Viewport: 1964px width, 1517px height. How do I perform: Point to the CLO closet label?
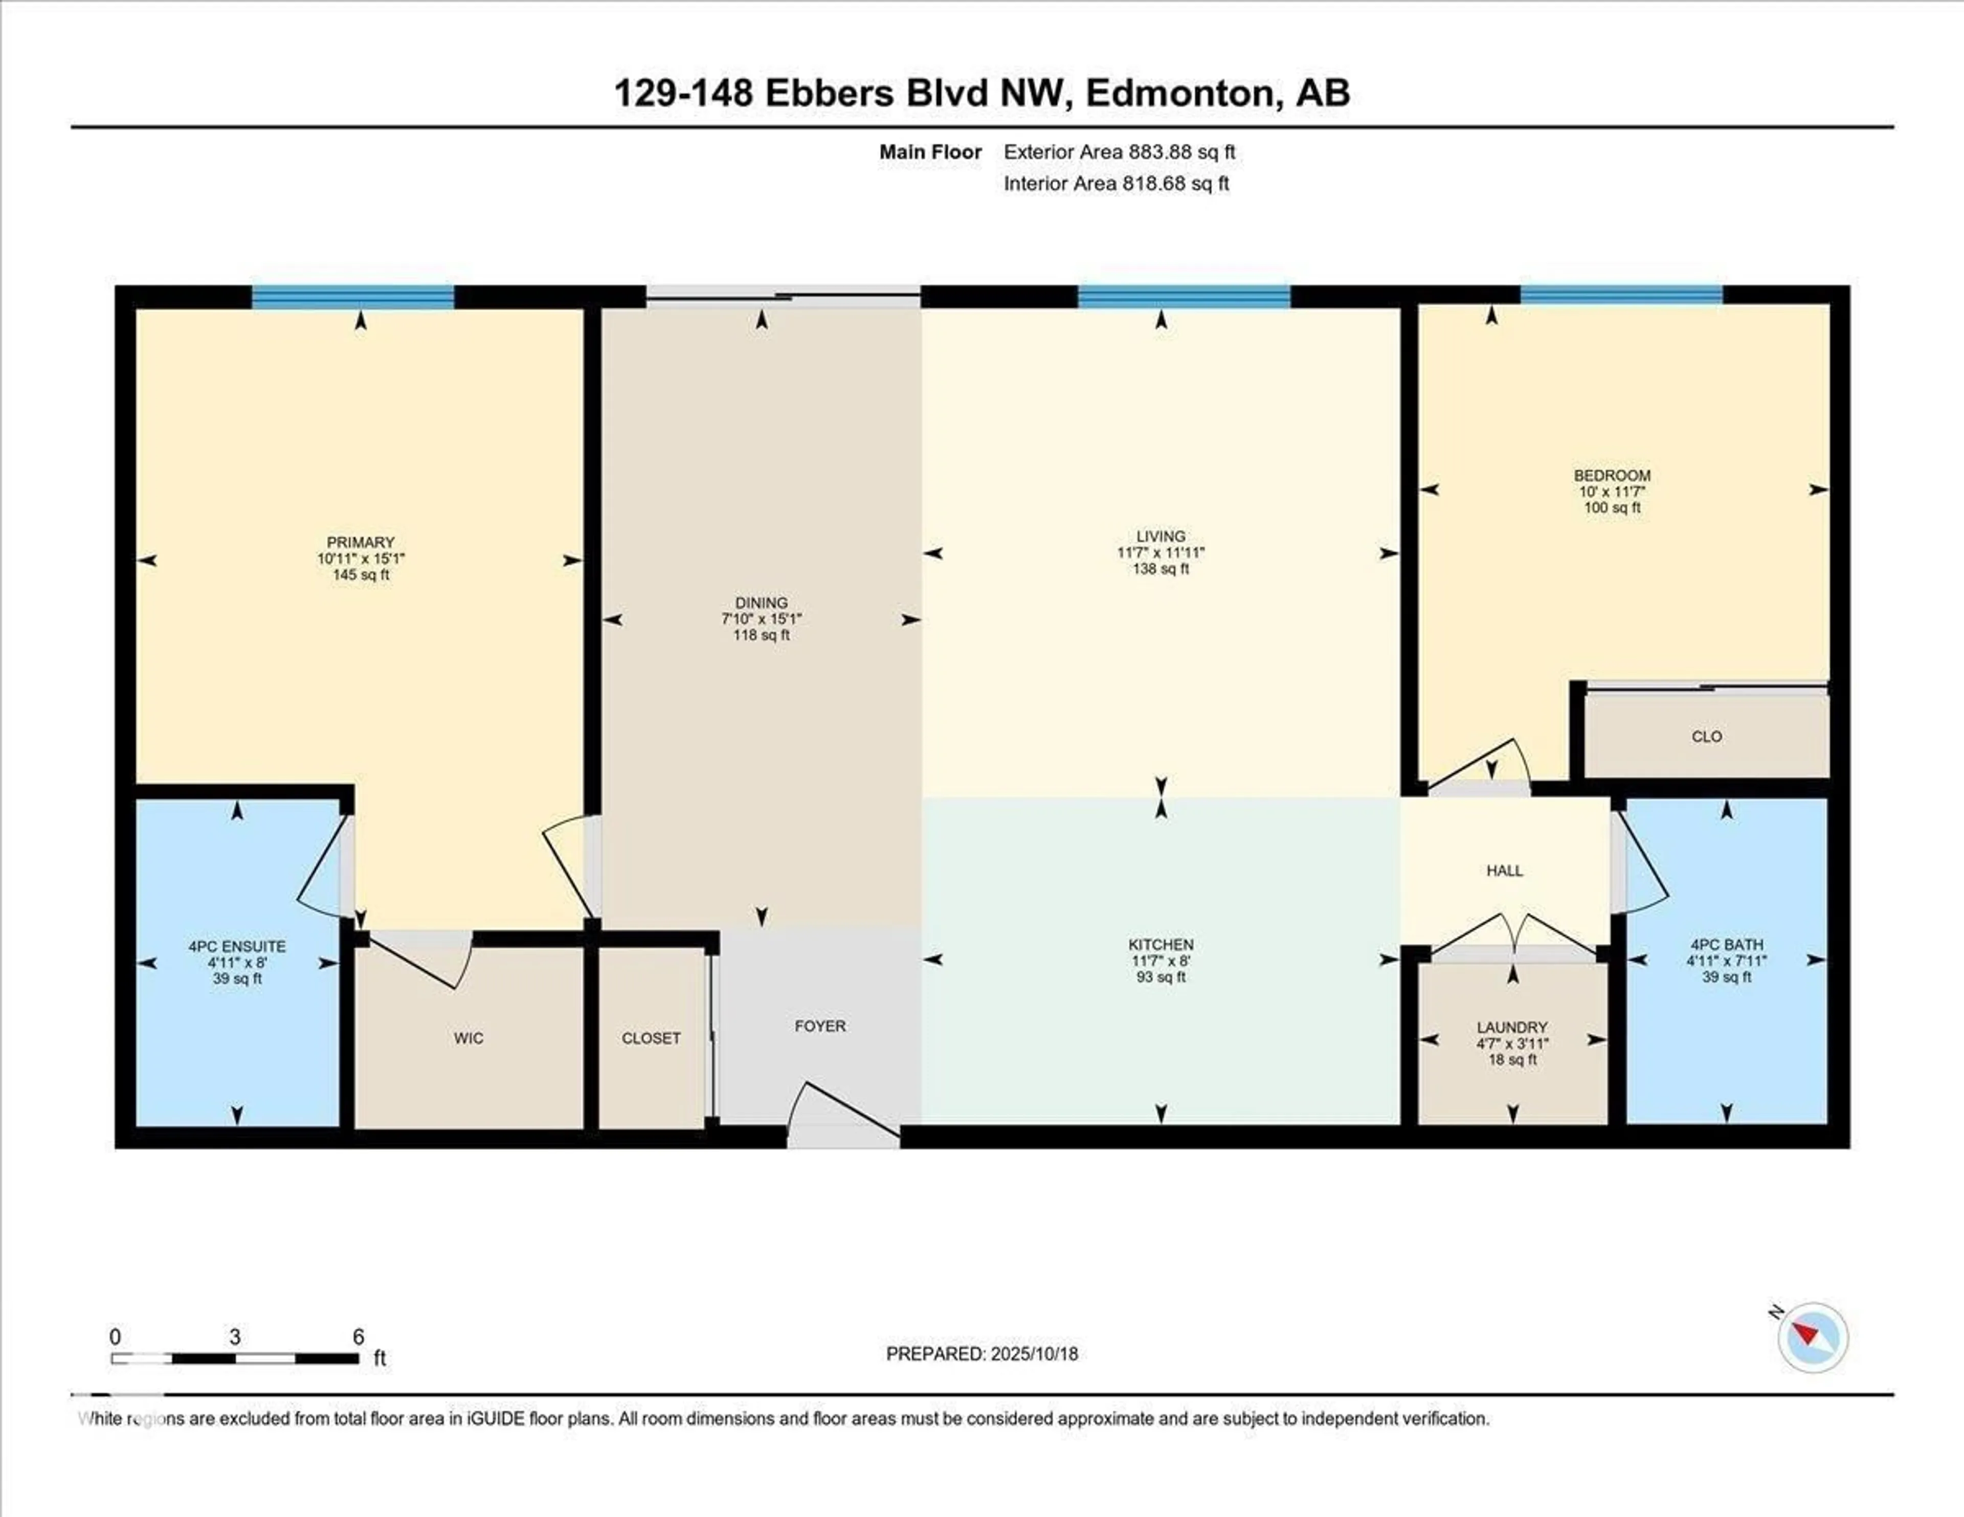click(1706, 737)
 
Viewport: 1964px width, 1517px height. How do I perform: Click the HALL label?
click(1505, 871)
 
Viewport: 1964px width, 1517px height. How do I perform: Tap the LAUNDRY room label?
click(1512, 1027)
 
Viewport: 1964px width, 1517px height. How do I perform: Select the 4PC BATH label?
click(1726, 944)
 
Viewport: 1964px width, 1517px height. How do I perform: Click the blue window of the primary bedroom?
click(352, 297)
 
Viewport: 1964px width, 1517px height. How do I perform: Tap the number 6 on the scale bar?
click(358, 1336)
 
